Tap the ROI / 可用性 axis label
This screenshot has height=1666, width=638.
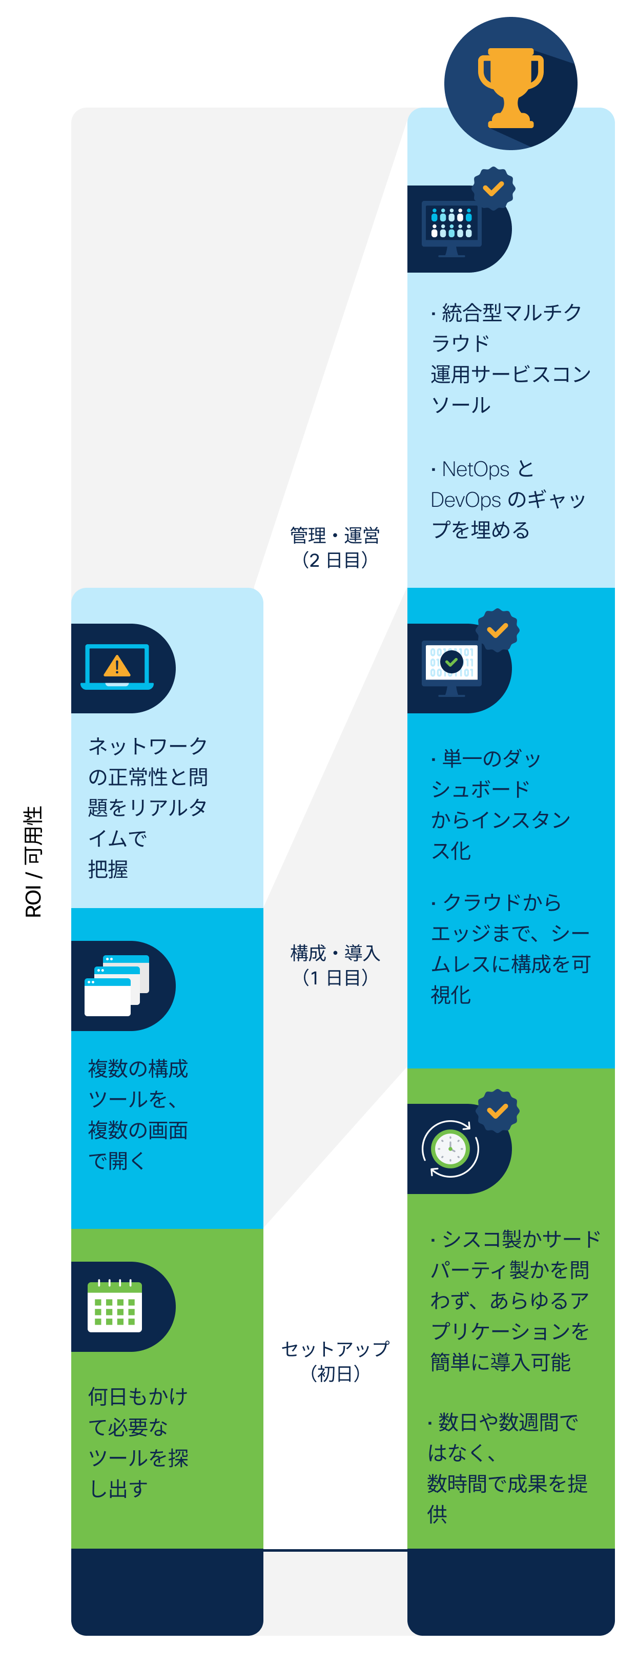pos(33,861)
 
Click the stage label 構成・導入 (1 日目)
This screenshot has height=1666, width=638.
pos(335,964)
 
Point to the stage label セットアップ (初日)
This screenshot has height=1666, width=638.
pos(335,1361)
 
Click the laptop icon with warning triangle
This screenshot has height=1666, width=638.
pos(117,667)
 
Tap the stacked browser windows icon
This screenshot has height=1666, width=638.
pos(117,985)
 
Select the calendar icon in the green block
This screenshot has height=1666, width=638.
pos(114,1305)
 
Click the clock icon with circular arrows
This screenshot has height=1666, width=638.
pos(450,1148)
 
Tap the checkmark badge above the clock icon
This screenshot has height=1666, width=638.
pos(497,1110)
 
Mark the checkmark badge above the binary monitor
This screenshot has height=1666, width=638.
pos(497,630)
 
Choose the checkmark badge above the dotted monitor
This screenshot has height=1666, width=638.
pos(493,188)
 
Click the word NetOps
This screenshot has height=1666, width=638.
pos(475,469)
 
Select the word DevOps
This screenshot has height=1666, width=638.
pos(465,499)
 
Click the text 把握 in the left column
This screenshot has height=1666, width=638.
pos(108,869)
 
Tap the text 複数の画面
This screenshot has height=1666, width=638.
pos(138,1130)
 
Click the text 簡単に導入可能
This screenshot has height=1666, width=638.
pos(500,1362)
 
